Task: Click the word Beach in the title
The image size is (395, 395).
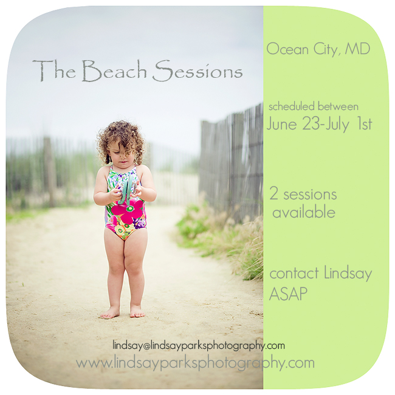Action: [x=114, y=70]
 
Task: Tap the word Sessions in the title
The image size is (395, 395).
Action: [x=197, y=70]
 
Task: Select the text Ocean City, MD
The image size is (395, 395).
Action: [x=318, y=49]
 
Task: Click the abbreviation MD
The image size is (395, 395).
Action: [x=357, y=49]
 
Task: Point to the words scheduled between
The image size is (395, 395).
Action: [x=314, y=106]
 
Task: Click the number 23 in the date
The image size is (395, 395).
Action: [x=311, y=123]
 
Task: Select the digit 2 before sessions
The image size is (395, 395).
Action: [x=273, y=193]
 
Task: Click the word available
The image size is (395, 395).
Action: [x=304, y=211]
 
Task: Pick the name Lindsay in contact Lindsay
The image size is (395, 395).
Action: [x=348, y=273]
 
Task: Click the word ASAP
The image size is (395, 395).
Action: [x=289, y=294]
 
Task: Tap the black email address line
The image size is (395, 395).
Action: [x=199, y=345]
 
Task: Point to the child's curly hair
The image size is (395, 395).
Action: [x=121, y=140]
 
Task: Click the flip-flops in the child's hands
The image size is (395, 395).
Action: [x=126, y=191]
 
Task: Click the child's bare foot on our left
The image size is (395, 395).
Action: [x=111, y=313]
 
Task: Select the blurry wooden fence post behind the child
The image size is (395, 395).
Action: [x=49, y=171]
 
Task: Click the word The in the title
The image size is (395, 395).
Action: [x=54, y=70]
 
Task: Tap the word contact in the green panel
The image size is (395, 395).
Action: [x=294, y=273]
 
